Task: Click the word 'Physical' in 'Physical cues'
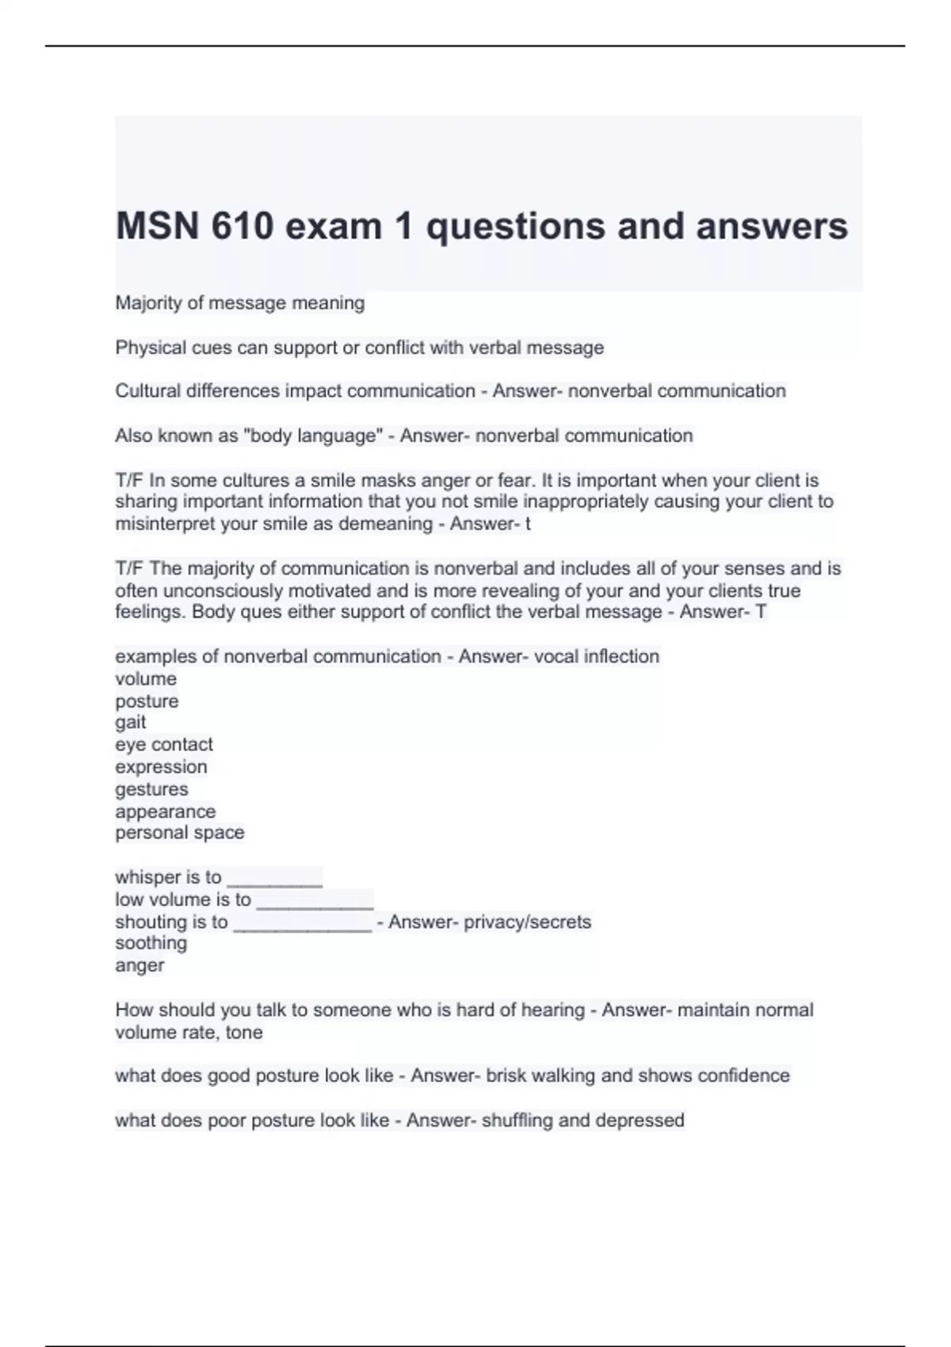pos(151,348)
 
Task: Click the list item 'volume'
pos(146,679)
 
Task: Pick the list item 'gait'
pos(131,723)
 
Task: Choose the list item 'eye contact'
pos(164,745)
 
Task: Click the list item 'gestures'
pos(151,789)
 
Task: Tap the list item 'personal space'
pos(180,833)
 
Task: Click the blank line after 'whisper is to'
pos(274,880)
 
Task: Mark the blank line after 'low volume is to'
pos(315,902)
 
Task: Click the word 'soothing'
pos(151,943)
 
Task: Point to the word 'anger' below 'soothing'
pos(139,966)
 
